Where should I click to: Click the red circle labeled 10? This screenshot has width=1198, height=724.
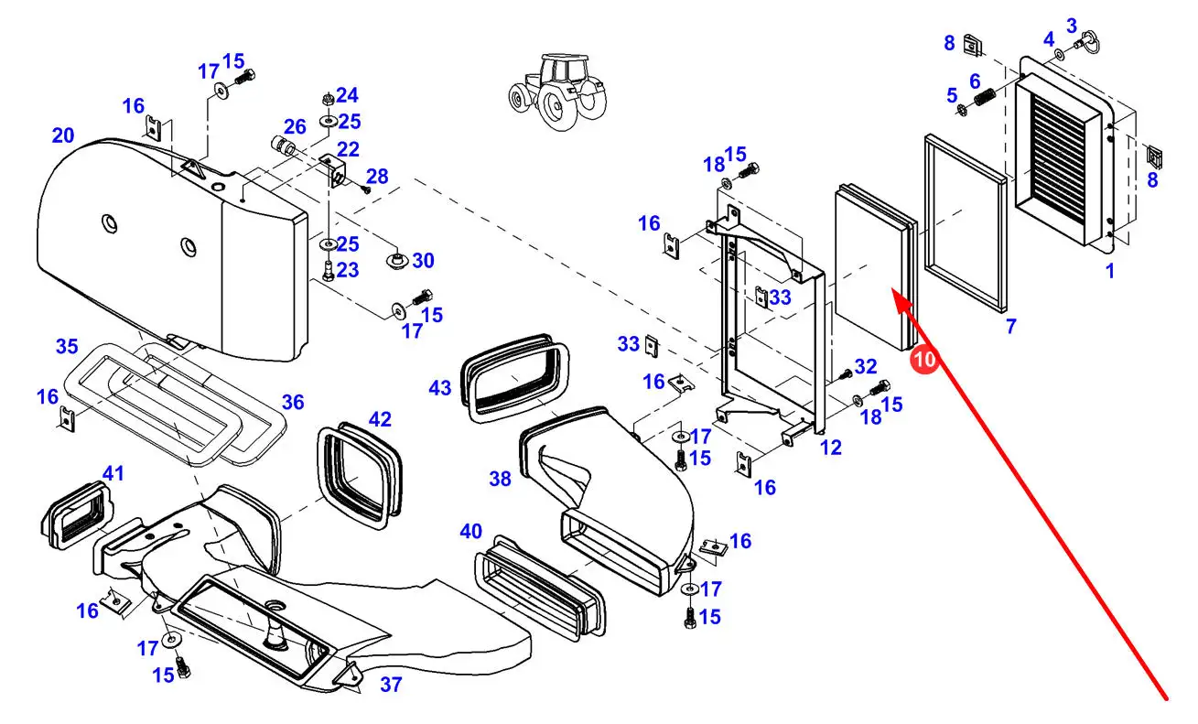pos(924,360)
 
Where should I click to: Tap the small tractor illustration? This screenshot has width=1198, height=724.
pos(557,92)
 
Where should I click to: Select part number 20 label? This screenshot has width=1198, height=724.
pos(63,135)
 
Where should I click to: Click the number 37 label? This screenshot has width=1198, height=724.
pos(391,684)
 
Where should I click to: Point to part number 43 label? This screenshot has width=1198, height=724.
pos(440,388)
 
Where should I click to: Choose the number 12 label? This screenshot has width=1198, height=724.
pos(831,447)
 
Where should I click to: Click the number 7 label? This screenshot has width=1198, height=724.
pos(1010,326)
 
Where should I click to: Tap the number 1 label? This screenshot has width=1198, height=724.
pos(1110,271)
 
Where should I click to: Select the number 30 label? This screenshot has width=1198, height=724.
pos(423,261)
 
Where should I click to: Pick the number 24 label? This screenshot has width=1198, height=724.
pos(347,95)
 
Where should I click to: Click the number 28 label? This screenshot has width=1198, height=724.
pos(377,176)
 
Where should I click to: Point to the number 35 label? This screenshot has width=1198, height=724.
pos(67,346)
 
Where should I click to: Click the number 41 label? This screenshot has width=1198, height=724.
pos(113,472)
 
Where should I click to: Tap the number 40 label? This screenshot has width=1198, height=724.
pos(470,531)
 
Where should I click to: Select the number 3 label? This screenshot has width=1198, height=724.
pos(1072,25)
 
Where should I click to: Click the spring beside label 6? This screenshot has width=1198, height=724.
pos(985,97)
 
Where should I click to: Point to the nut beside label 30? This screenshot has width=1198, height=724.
pos(396,260)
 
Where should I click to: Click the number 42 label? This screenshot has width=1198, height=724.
pos(380,418)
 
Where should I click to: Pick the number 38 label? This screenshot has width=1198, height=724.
pos(500,479)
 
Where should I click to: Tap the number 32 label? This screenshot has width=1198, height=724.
pos(866,366)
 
